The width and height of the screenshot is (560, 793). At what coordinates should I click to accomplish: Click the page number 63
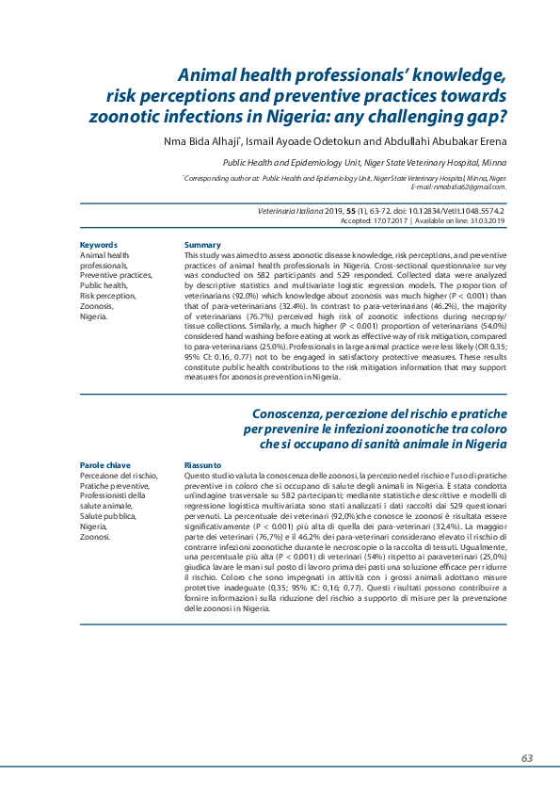(x=527, y=758)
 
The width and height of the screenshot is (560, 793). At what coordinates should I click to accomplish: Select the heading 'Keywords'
(x=99, y=245)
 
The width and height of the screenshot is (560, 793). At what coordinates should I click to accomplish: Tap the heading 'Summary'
(x=202, y=245)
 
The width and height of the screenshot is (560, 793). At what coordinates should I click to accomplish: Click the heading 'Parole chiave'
(x=105, y=465)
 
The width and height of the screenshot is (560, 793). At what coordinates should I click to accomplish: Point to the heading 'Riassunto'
(x=203, y=465)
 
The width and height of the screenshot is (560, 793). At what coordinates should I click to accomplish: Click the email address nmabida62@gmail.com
(x=467, y=186)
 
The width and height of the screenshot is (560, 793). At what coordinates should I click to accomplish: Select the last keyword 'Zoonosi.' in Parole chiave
(x=96, y=537)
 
